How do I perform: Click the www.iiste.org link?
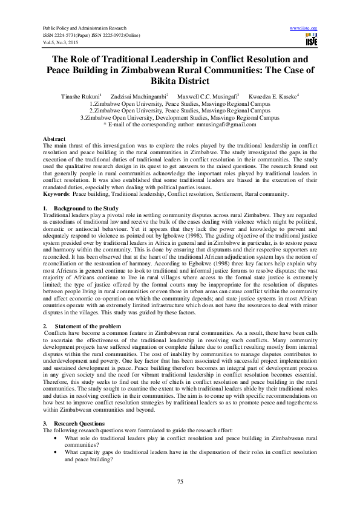click(304, 28)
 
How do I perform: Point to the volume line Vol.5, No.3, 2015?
click(61, 43)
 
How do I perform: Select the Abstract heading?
click(54, 139)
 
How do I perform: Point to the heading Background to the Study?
click(85, 207)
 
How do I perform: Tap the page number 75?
click(180, 481)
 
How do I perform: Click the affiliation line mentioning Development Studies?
click(180, 117)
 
